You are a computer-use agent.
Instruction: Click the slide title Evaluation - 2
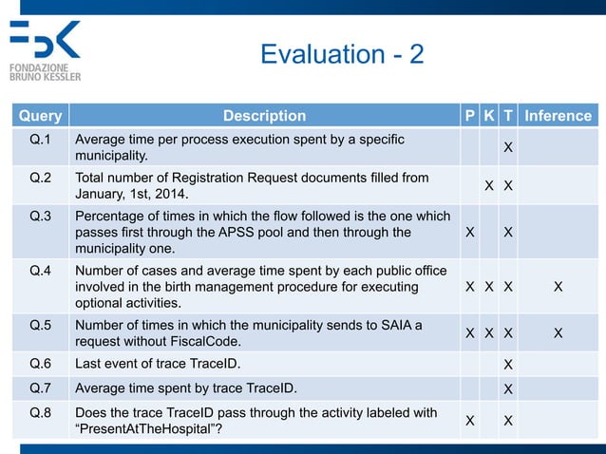(x=342, y=54)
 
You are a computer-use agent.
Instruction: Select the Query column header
(x=39, y=116)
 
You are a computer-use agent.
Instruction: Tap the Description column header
(x=264, y=116)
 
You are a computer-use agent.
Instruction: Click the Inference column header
(x=559, y=116)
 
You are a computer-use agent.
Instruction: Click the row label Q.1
(x=41, y=140)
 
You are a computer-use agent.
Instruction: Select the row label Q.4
(x=41, y=271)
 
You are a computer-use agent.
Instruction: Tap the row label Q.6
(x=41, y=363)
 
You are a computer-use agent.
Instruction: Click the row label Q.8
(x=41, y=412)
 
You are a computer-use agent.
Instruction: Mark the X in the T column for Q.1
(x=508, y=148)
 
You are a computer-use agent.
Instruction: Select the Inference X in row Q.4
(x=558, y=287)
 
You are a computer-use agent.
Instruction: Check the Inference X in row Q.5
(x=558, y=333)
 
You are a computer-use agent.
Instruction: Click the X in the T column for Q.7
(x=508, y=388)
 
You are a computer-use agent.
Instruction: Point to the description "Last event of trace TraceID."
(x=171, y=363)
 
